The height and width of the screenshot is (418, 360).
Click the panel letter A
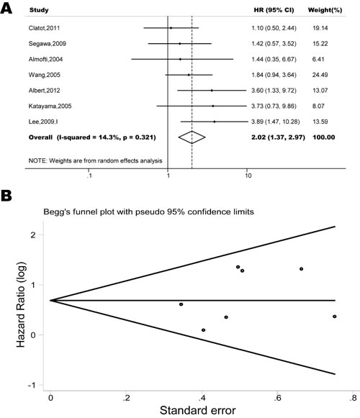[6, 8]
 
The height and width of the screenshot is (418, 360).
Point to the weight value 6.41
[328, 59]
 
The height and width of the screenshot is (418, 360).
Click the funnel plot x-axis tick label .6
[277, 397]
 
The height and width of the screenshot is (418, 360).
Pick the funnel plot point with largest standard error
[335, 317]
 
